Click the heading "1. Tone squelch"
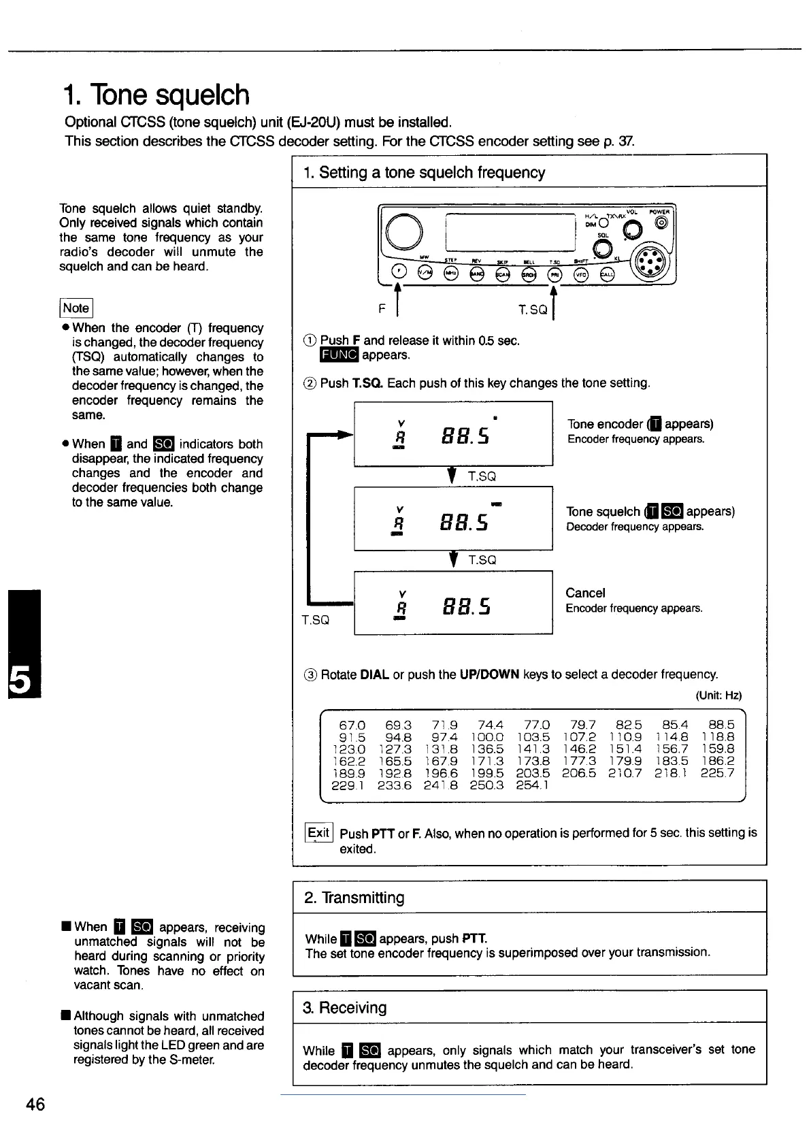pyautogui.click(x=157, y=95)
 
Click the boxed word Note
pyautogui.click(x=76, y=308)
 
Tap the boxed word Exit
pyautogui.click(x=318, y=833)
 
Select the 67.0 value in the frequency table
pyautogui.click(x=352, y=725)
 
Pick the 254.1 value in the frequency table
pyautogui.click(x=533, y=785)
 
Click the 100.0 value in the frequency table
pyautogui.click(x=490, y=737)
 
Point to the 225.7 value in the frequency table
pyautogui.click(x=718, y=773)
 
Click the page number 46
pyautogui.click(x=35, y=1104)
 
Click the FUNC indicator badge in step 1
pyautogui.click(x=338, y=355)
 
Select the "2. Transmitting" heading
pyautogui.click(x=354, y=898)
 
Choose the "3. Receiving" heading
pyautogui.click(x=345, y=1007)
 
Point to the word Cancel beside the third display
pyautogui.click(x=585, y=593)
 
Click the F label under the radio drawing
pyautogui.click(x=382, y=310)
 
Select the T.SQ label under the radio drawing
pyautogui.click(x=532, y=310)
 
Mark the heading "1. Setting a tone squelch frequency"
pyautogui.click(x=425, y=172)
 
